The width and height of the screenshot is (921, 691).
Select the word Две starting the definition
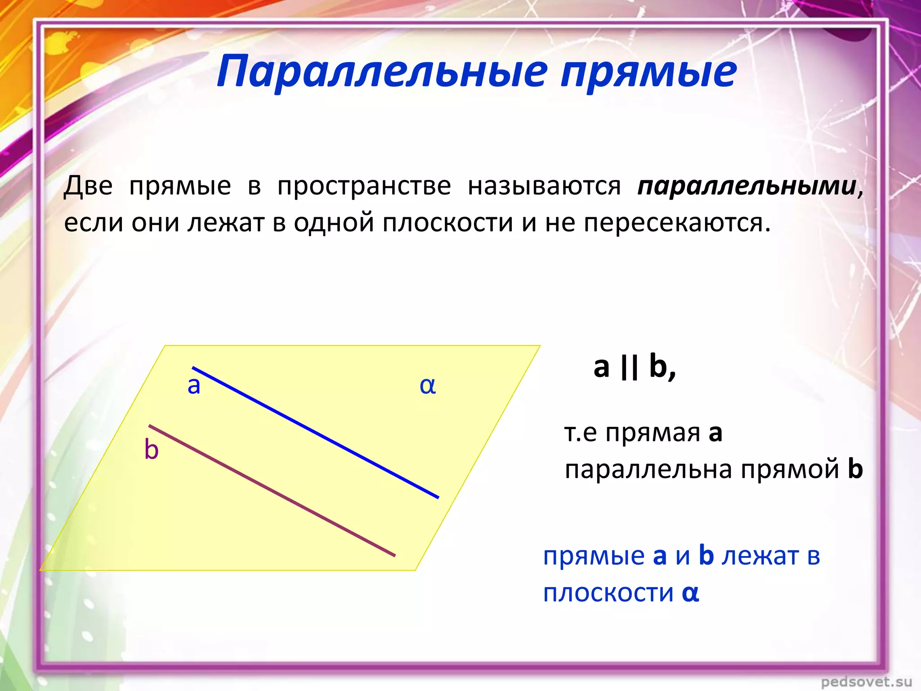88,186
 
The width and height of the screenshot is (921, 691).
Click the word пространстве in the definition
364,187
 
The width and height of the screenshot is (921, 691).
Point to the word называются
544,187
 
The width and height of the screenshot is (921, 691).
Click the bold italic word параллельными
747,187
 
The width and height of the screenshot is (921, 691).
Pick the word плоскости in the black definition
447,223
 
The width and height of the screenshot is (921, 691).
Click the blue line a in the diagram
315,432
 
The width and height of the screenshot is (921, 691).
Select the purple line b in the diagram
272,490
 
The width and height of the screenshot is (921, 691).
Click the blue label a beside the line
194,386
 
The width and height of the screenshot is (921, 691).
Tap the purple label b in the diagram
152,449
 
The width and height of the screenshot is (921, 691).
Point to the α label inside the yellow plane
428,386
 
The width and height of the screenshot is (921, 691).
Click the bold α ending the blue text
690,593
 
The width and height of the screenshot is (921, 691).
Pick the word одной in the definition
334,223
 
